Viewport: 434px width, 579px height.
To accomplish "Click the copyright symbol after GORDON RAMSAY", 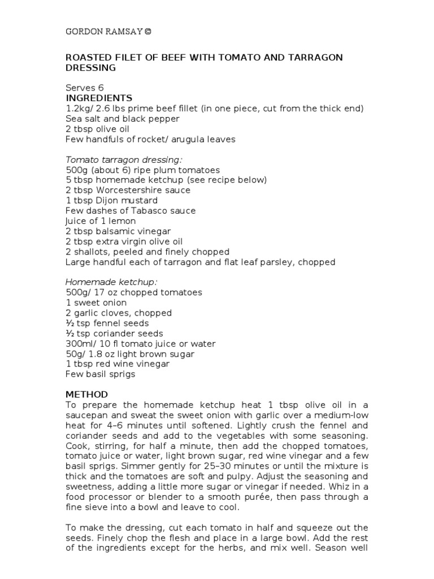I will [147, 32].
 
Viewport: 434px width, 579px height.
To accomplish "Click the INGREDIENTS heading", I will [99, 98].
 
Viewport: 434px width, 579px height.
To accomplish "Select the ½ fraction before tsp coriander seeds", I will [70, 334].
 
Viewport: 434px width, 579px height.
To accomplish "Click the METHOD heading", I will [86, 394].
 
